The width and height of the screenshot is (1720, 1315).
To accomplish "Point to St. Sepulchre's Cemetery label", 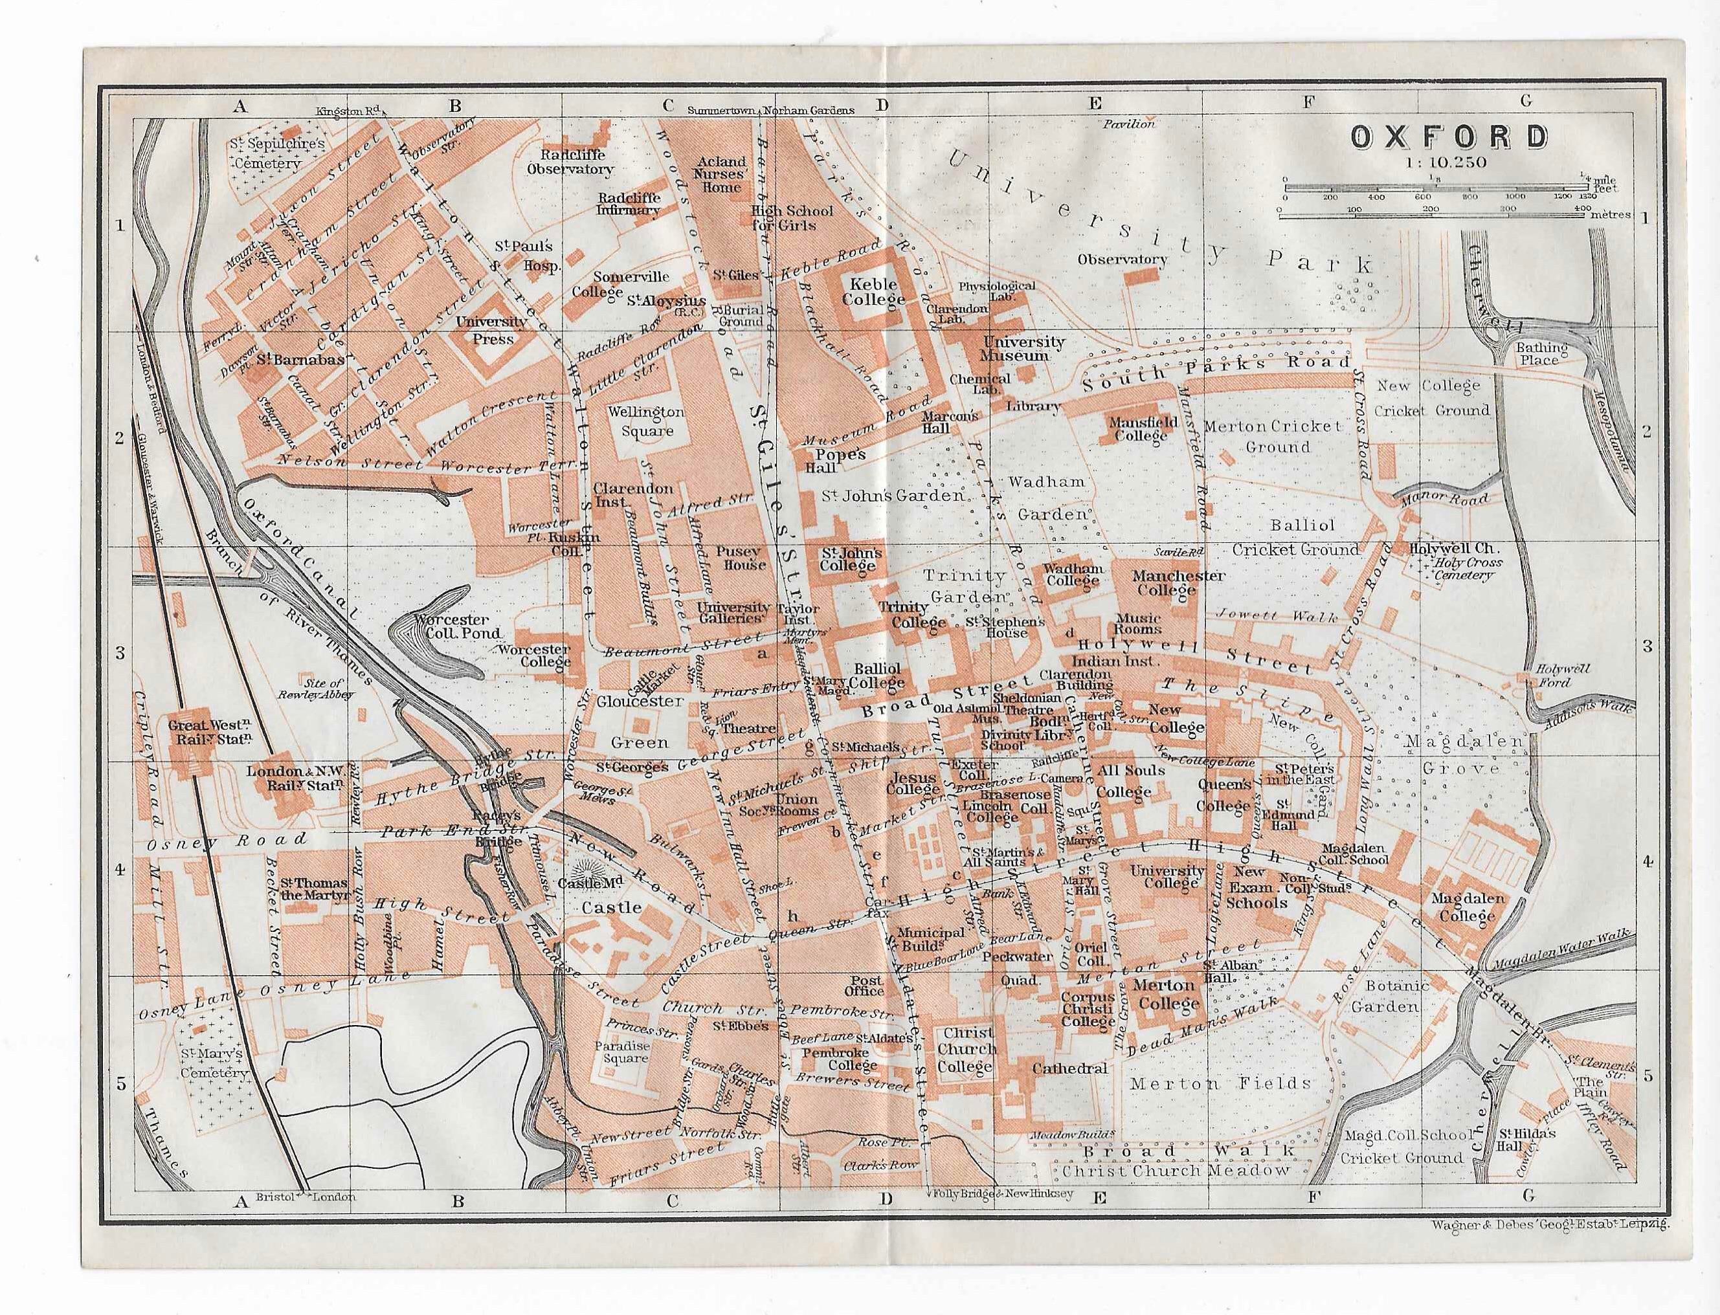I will click(x=265, y=154).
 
